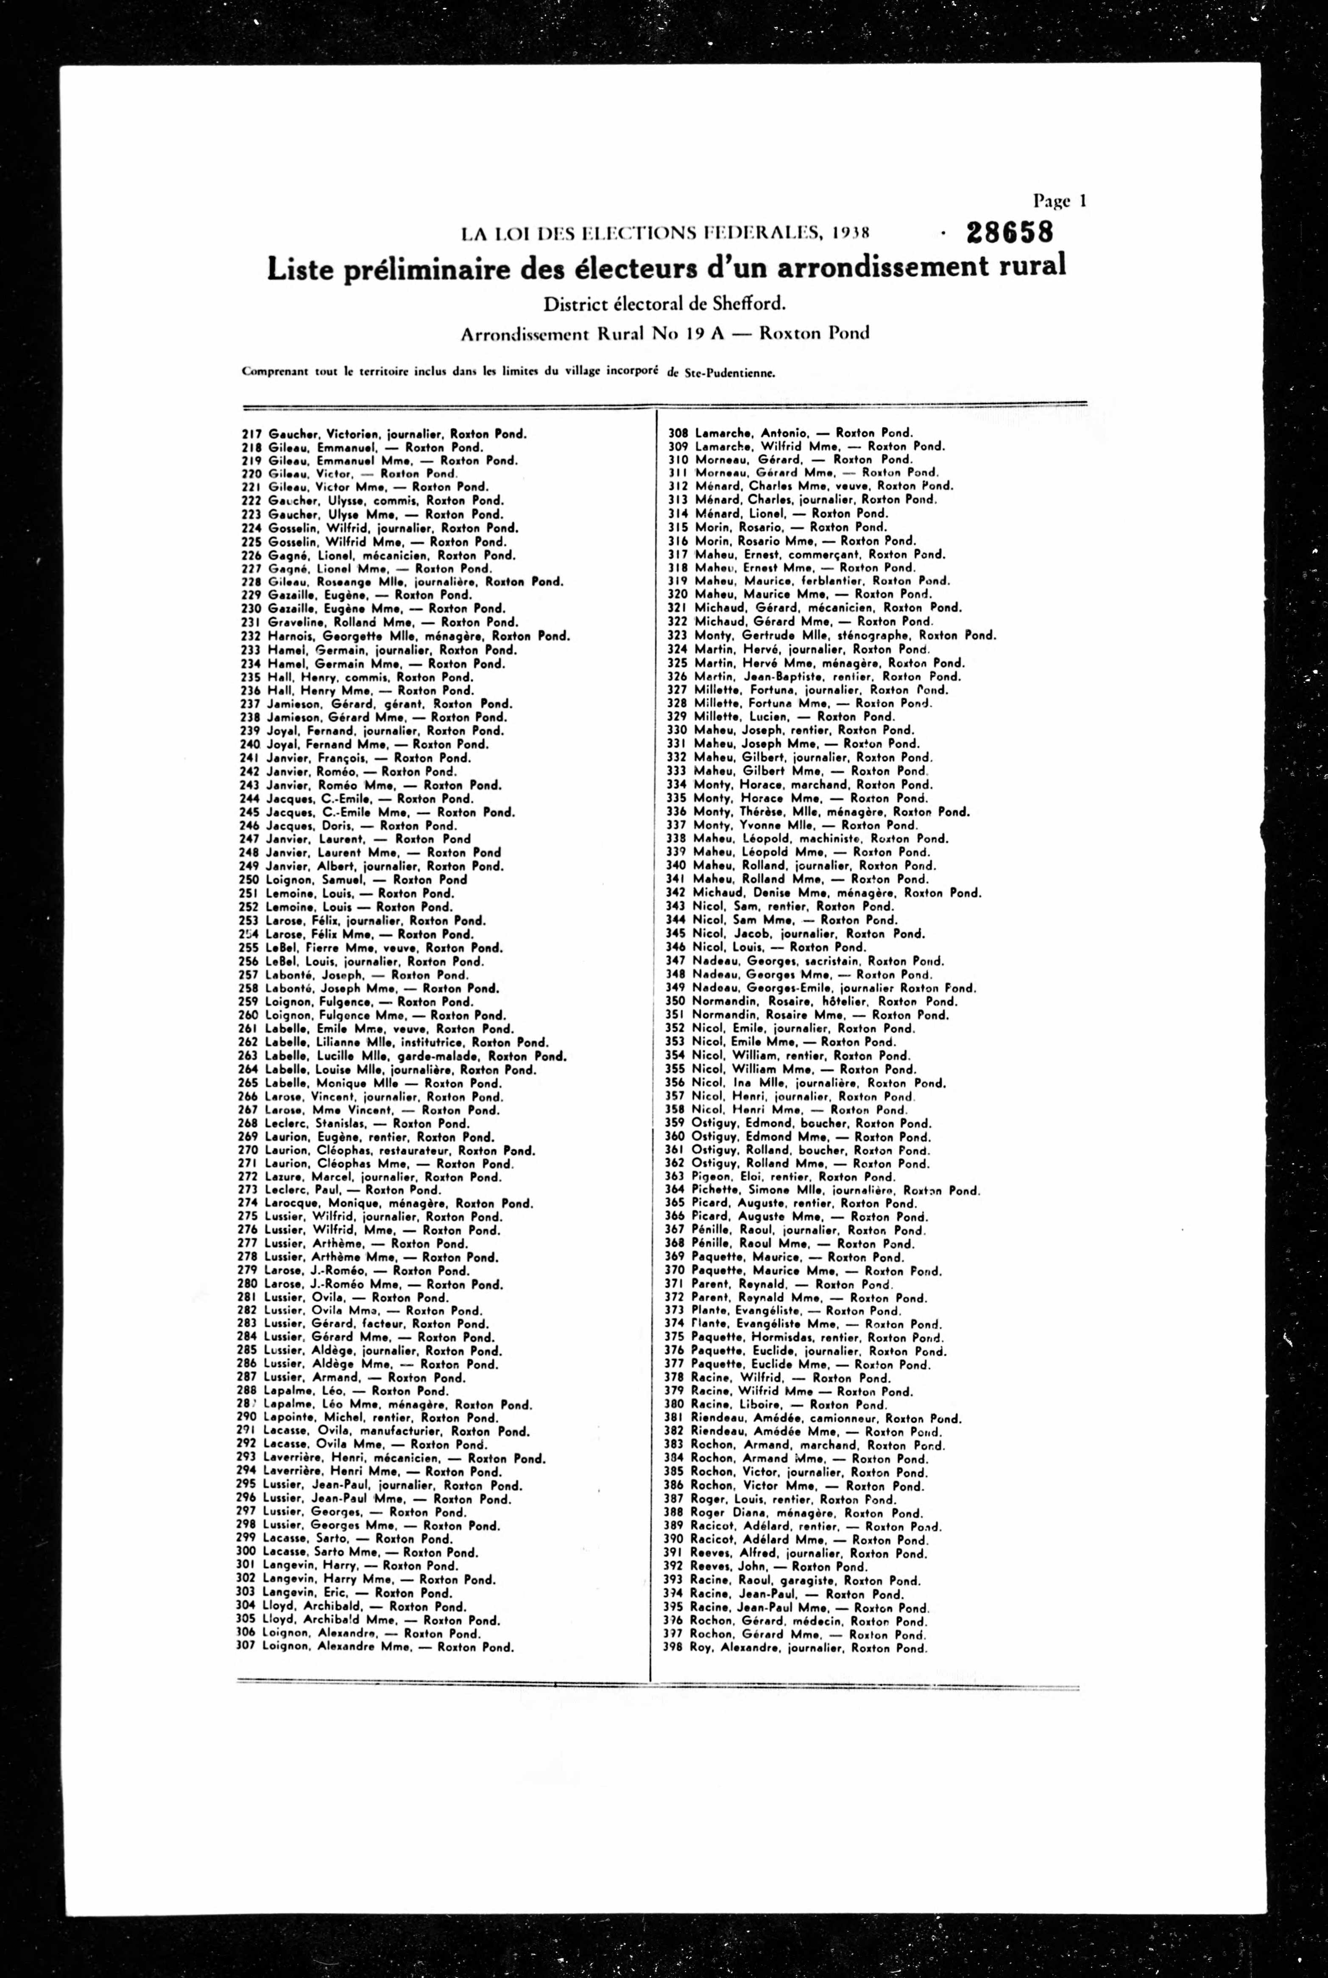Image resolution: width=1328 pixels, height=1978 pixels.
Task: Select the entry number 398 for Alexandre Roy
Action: tap(674, 1648)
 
